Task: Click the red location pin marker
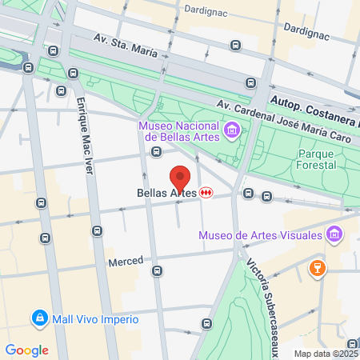[x=180, y=178]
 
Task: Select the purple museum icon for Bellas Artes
[x=231, y=129]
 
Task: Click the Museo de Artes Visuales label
[x=260, y=235]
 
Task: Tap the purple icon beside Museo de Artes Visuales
[x=334, y=235]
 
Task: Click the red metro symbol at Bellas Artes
[x=207, y=193]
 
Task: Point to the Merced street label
[x=126, y=262]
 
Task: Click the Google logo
[x=26, y=350]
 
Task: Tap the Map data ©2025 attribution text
[x=326, y=354]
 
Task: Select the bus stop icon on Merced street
[x=158, y=270]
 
